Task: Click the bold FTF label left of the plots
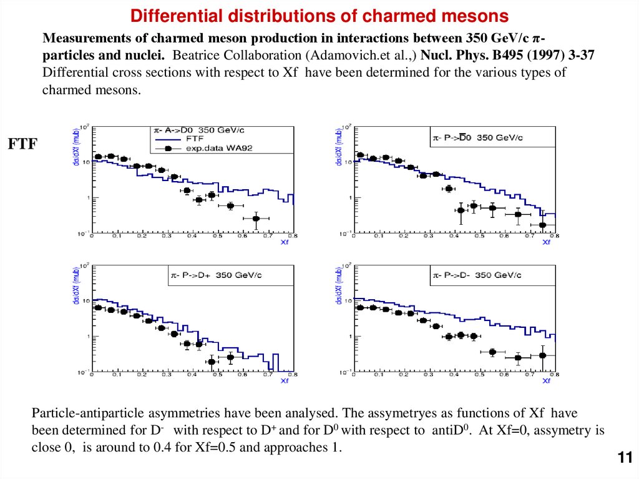coord(22,144)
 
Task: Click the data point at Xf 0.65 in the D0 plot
coord(256,218)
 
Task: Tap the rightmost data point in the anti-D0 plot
coord(543,225)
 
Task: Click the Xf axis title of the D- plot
coord(547,381)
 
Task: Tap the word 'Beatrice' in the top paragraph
coord(203,55)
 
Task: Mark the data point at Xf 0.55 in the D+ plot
coord(230,357)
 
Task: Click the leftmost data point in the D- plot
coord(360,307)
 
